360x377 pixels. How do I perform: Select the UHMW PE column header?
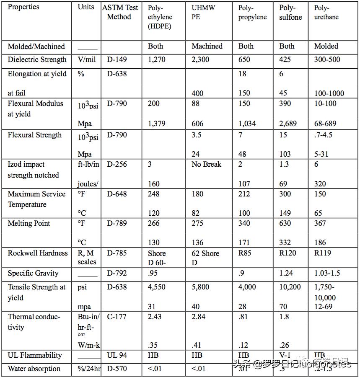click(x=203, y=13)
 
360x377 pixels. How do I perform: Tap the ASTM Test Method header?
click(x=119, y=12)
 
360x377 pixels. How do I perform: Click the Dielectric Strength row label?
click(x=37, y=59)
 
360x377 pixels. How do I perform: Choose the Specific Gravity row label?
click(x=33, y=273)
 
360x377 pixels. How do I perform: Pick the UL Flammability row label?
click(x=34, y=355)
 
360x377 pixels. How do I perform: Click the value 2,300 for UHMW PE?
click(x=200, y=59)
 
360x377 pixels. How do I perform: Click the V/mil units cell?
click(x=86, y=59)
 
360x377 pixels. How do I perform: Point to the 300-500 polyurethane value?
click(x=327, y=59)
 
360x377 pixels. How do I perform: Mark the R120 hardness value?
click(x=287, y=253)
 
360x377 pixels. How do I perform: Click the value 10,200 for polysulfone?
click(x=290, y=287)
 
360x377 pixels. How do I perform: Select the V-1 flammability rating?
click(x=285, y=355)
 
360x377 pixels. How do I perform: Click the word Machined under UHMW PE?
click(x=207, y=46)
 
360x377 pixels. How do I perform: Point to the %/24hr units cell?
click(x=87, y=369)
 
